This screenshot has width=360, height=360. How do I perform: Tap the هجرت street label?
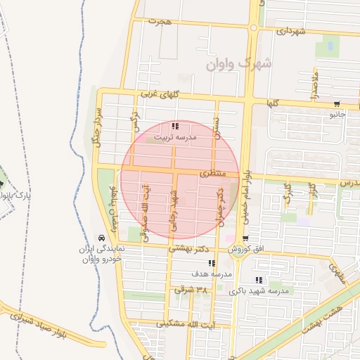[x=160, y=21]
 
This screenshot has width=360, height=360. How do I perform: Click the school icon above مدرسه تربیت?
[x=174, y=126]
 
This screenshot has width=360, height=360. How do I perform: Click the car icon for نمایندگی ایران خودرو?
[x=103, y=238]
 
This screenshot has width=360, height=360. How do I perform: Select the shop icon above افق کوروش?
[x=245, y=239]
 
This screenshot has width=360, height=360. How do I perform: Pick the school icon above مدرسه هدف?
[x=212, y=263]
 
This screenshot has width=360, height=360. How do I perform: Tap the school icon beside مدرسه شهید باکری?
[x=259, y=281]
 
